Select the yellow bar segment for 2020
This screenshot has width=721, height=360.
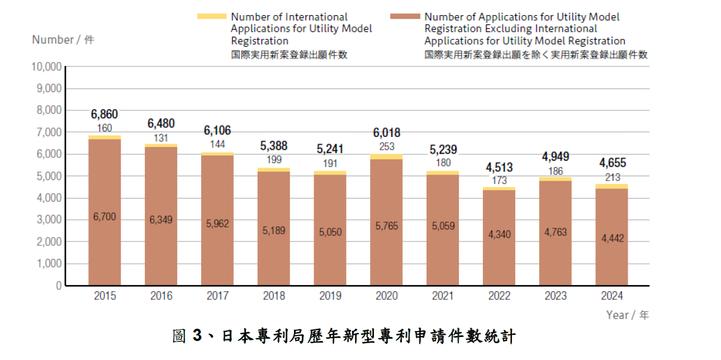386,157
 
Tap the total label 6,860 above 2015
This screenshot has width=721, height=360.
105,115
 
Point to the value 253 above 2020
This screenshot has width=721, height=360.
386,146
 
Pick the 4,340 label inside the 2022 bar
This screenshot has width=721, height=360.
499,234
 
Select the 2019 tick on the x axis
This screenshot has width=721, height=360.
330,296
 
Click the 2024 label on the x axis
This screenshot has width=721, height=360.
611,296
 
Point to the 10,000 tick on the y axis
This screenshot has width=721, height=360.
47,67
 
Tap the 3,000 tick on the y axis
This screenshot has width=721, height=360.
49,220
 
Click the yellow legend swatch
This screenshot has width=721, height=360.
212,16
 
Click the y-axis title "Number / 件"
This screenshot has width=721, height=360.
63,40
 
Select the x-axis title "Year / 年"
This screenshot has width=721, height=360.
627,315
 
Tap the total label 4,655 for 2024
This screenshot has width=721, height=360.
613,163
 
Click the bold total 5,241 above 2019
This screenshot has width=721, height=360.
330,149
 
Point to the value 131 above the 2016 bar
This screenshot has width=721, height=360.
161,138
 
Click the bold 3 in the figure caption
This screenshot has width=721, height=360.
196,336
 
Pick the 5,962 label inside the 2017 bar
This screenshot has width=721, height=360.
217,224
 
